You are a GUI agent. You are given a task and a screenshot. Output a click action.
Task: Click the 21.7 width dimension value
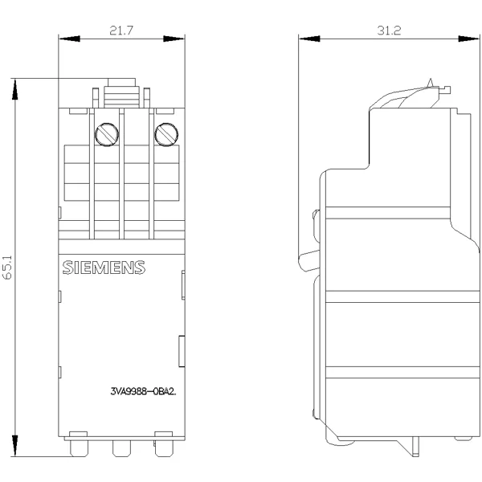click(121, 31)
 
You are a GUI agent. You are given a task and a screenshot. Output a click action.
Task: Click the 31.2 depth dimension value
click(389, 31)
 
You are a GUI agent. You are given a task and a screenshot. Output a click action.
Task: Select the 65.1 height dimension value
click(6, 268)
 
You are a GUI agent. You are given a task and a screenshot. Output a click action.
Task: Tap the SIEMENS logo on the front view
click(104, 268)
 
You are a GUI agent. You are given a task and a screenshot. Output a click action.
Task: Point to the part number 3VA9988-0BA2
click(143, 392)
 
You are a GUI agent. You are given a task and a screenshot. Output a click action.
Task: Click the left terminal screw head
click(107, 135)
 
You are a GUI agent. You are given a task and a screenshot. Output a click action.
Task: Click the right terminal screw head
click(166, 135)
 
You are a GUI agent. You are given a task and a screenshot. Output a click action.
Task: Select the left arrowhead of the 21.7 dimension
click(69, 39)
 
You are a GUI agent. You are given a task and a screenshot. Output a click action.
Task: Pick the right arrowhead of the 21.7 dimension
click(174, 39)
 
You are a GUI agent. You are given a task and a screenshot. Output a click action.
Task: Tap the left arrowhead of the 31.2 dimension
click(309, 39)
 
